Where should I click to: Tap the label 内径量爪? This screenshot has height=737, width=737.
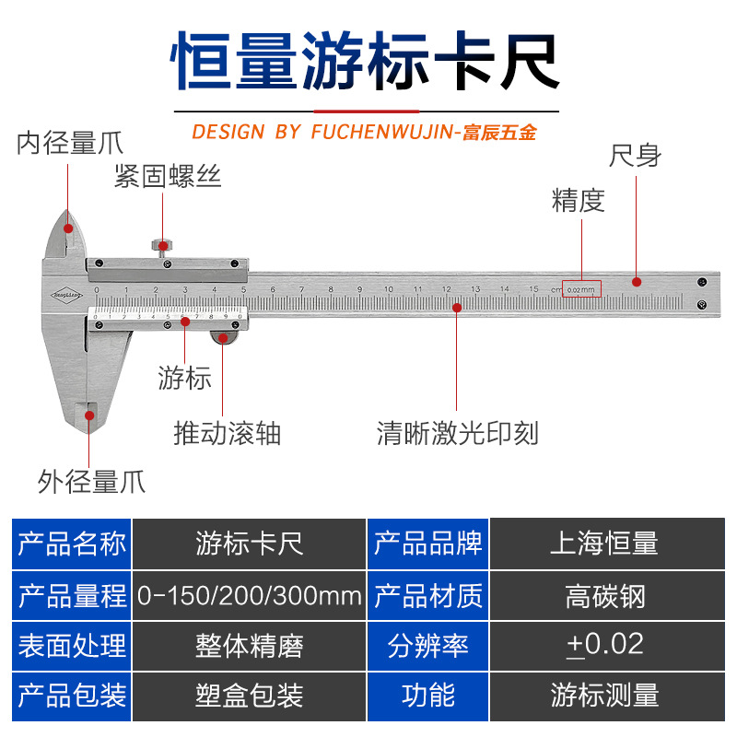pyautogui.click(x=70, y=144)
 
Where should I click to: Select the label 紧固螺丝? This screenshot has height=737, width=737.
pyautogui.click(x=168, y=176)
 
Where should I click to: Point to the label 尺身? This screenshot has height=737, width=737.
pyautogui.click(x=635, y=155)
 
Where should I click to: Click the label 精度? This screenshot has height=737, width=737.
pyautogui.click(x=578, y=200)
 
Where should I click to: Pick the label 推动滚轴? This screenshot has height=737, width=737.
pyautogui.click(x=228, y=432)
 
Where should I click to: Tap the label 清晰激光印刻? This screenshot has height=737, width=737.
pyautogui.click(x=457, y=432)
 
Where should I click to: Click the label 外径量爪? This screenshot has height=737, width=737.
pyautogui.click(x=91, y=481)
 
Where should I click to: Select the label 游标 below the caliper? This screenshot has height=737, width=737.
pyautogui.click(x=185, y=378)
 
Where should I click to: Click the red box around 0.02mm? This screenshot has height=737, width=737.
pyautogui.click(x=581, y=289)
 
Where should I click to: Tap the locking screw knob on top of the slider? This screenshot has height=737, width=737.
pyautogui.click(x=163, y=246)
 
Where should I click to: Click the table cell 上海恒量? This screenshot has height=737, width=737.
pyautogui.click(x=604, y=544)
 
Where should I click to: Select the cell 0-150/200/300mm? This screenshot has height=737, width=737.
pyautogui.click(x=249, y=596)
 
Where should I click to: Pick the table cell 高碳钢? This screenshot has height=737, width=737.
pyautogui.click(x=604, y=596)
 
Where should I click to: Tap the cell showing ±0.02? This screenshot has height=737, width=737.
pyautogui.click(x=604, y=645)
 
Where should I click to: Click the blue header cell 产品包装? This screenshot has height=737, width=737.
pyautogui.click(x=72, y=695)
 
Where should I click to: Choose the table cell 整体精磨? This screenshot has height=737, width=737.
pyautogui.click(x=249, y=645)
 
